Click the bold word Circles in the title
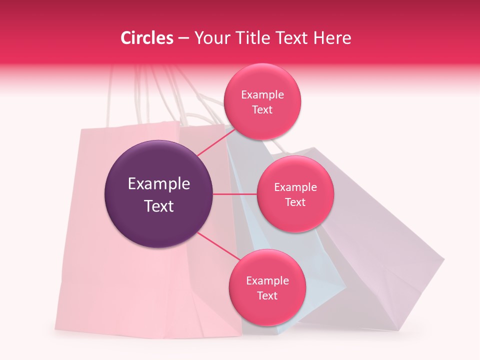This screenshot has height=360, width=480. tap(147, 38)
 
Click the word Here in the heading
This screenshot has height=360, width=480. tap(333, 38)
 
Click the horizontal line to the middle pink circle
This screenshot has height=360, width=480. tap(234, 194)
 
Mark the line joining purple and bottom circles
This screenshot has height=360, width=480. tap(217, 246)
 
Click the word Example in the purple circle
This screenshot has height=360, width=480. tap(159, 184)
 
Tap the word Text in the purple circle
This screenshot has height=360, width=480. tap(159, 206)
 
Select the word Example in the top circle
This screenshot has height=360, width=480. tap(262, 95)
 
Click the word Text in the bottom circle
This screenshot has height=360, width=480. tap(267, 295)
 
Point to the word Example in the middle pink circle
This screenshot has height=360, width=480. tap(295, 187)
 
